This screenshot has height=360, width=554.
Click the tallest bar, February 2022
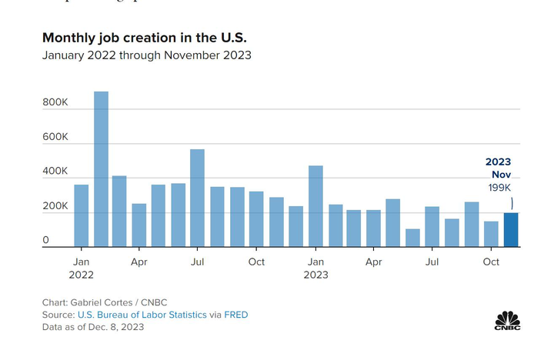tap(101, 169)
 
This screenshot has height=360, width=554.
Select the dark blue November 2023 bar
tap(511, 230)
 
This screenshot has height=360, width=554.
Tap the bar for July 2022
tap(198, 198)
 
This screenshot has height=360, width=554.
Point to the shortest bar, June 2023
tap(413, 238)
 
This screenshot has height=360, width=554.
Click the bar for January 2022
tap(81, 215)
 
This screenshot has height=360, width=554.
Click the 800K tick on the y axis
tap(55, 102)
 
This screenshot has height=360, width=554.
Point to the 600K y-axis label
tap(55, 137)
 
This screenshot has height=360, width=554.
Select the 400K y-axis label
tap(55, 172)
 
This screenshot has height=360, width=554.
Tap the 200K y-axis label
tap(55, 206)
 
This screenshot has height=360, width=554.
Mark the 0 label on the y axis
tap(46, 241)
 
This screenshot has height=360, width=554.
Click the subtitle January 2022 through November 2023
tap(146, 55)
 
